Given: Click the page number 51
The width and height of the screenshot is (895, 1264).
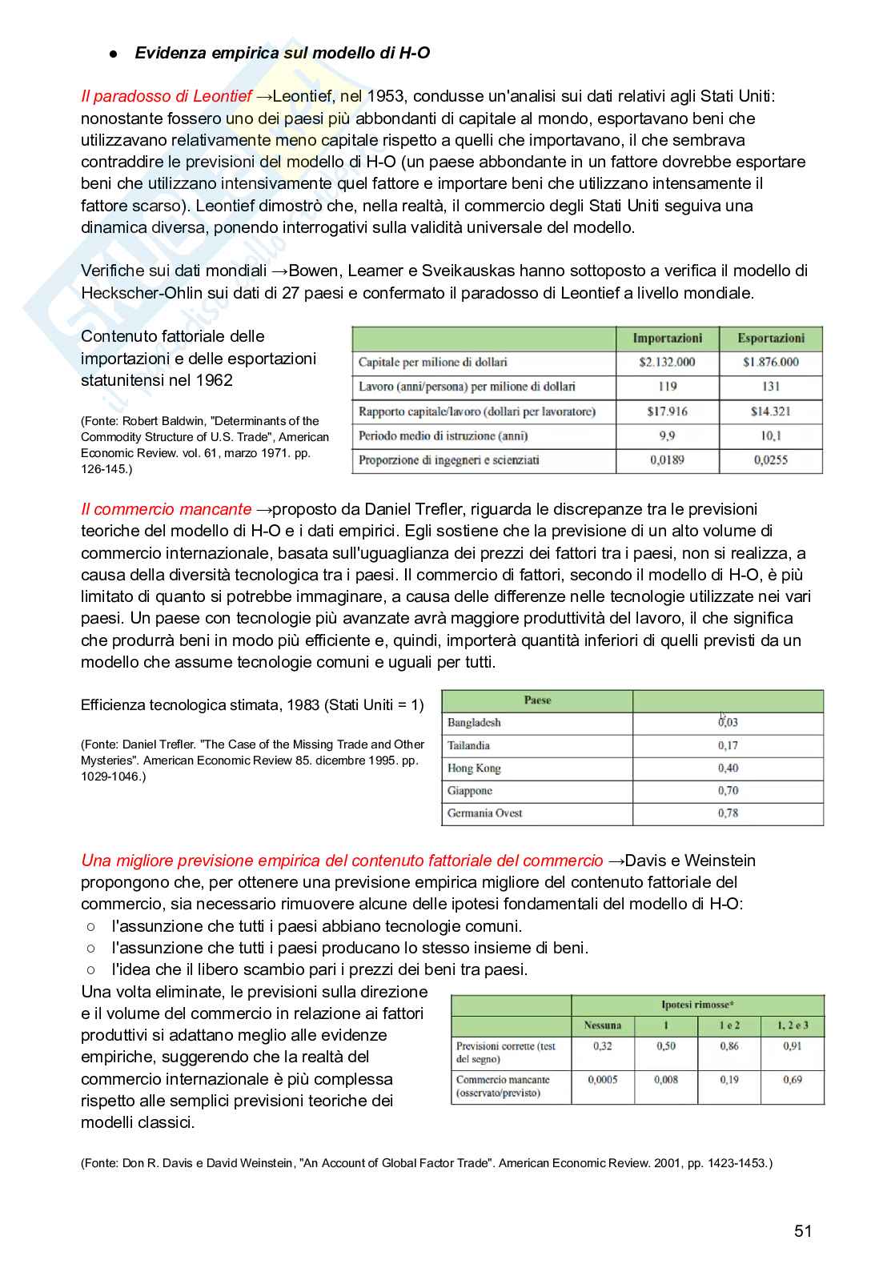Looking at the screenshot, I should [x=803, y=1231].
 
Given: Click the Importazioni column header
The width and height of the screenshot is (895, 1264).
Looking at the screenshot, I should [x=667, y=339].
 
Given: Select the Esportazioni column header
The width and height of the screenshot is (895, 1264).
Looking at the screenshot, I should [x=770, y=339].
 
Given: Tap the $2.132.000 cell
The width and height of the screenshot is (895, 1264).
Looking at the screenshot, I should [x=667, y=362].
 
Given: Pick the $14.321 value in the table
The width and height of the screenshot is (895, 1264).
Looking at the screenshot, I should [x=770, y=411].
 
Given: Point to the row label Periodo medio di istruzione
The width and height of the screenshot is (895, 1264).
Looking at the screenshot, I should [x=443, y=436].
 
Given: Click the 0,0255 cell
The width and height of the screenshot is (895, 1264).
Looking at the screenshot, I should [x=770, y=460].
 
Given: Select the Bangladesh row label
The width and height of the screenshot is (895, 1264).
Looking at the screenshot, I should [x=474, y=723].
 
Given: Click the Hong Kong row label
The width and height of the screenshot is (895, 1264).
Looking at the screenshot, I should [x=474, y=768].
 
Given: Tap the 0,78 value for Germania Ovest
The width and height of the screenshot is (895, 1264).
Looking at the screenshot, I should [x=728, y=813].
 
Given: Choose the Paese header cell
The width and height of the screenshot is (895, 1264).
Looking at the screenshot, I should [x=537, y=700].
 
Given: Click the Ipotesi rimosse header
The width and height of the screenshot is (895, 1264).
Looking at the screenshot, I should [x=697, y=1005].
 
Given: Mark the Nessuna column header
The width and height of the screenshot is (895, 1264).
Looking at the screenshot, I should [x=602, y=1025].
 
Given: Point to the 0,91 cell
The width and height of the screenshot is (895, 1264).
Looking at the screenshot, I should [x=792, y=1046].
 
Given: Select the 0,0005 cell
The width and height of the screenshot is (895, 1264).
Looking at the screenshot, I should [x=602, y=1080].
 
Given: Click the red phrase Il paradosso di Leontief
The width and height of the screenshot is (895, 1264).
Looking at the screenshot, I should [x=167, y=97].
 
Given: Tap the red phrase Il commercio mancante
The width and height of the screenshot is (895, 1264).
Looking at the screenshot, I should [x=167, y=510].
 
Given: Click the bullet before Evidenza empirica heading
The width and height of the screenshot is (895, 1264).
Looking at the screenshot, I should [x=114, y=54].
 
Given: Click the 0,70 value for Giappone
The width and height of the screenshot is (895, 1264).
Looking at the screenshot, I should [x=728, y=791].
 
